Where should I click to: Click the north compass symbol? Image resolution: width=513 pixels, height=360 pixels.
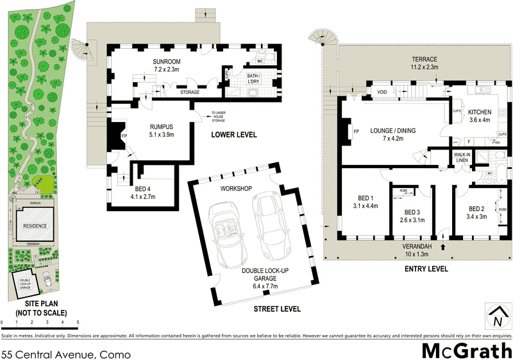pos(495,318)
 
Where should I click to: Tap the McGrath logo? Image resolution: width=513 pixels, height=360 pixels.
pos(466,350)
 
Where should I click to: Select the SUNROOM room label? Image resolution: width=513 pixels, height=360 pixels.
pos(167,62)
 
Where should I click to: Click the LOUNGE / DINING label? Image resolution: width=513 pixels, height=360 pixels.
pos(392,130)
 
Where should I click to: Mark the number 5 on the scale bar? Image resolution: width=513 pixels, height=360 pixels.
pos(78,322)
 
